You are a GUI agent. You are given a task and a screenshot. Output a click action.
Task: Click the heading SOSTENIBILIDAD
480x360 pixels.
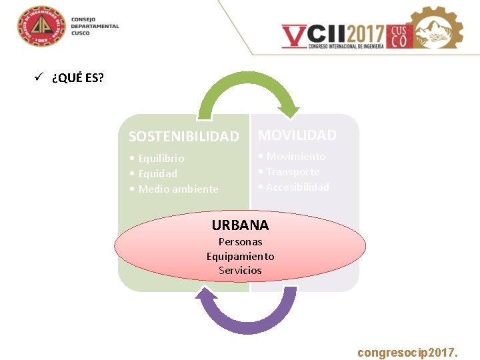tap(183, 137)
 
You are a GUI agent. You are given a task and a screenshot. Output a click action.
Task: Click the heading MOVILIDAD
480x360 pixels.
tap(297, 135)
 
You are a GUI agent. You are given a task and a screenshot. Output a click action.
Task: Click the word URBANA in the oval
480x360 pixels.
tap(240, 225)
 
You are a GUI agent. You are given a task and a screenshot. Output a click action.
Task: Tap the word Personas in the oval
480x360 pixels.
tap(240, 242)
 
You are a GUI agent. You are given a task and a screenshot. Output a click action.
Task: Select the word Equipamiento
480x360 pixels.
tap(240, 257)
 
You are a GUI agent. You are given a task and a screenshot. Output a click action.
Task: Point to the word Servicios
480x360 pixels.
tap(240, 271)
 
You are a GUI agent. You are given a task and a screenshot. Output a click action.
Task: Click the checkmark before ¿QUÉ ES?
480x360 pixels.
tap(39, 77)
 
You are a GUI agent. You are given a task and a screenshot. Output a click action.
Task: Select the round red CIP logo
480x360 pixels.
tap(41, 27)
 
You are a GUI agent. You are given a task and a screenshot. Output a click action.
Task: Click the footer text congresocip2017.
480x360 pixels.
tap(407, 351)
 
